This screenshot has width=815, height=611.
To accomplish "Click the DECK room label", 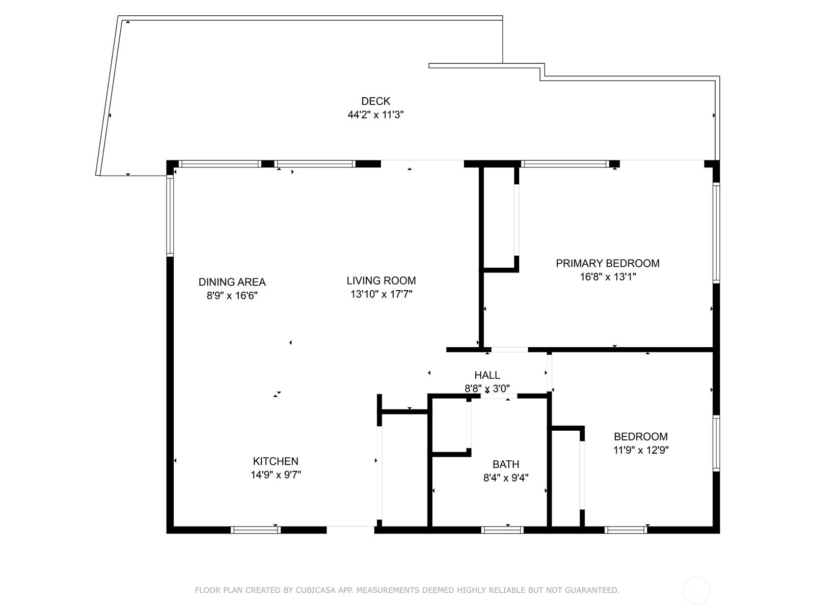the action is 375,101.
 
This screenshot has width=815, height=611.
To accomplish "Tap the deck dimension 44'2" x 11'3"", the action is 375,115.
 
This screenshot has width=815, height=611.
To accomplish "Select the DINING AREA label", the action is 232,282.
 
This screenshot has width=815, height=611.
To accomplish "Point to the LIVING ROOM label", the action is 382,281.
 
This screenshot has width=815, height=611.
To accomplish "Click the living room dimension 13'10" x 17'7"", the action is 382,294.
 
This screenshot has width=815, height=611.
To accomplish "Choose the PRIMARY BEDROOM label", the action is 608,263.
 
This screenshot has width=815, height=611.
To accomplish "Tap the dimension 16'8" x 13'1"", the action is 608,277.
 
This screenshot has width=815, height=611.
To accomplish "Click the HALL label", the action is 487,375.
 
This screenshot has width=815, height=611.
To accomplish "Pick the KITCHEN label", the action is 276,461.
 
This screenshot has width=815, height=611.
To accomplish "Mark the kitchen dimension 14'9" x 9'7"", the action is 276,475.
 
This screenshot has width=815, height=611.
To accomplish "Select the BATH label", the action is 506,464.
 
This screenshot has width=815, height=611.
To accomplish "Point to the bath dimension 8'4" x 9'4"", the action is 506,478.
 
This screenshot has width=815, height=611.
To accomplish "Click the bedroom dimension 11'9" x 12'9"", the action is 641,450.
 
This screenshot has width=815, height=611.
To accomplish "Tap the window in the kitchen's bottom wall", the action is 256,530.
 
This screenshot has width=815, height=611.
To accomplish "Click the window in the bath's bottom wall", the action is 502,530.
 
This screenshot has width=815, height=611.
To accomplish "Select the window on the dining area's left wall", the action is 170,215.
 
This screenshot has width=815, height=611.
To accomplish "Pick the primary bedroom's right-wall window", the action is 716,233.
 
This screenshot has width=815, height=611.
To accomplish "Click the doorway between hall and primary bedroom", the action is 509,349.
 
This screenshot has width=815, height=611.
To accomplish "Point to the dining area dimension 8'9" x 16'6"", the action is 232,296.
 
